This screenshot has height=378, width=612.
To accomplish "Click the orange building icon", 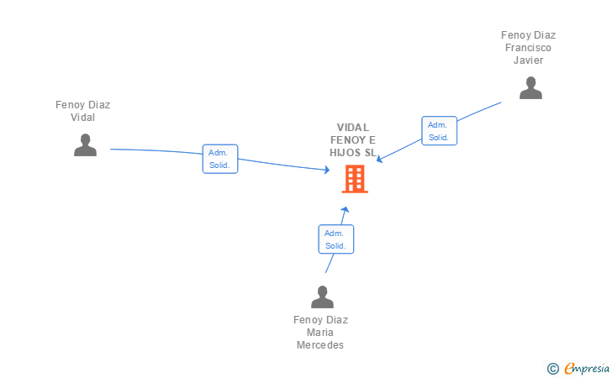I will (355, 178).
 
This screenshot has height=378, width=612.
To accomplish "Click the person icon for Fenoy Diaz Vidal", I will (85, 144).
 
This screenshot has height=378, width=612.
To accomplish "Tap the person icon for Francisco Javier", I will (530, 87).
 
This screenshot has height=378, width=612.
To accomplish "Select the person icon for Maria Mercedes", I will (322, 297).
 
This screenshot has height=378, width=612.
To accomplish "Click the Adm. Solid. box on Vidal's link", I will (221, 159).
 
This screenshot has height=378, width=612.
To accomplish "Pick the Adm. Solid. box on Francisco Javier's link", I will (439, 131).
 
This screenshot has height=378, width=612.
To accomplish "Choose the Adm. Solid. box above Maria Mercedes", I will (335, 239).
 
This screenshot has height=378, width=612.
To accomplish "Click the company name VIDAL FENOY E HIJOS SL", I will (353, 140).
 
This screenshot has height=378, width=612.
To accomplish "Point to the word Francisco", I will (528, 48).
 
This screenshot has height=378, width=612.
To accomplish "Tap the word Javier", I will (529, 60).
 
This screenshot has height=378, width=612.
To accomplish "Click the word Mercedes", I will (320, 345).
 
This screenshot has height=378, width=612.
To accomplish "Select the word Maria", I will (320, 333).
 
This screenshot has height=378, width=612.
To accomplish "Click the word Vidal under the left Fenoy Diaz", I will (82, 118).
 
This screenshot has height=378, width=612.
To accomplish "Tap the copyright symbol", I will (553, 368).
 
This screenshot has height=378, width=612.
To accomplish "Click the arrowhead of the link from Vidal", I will (328, 171).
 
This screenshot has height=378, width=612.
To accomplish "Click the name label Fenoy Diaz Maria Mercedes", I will (320, 333).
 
